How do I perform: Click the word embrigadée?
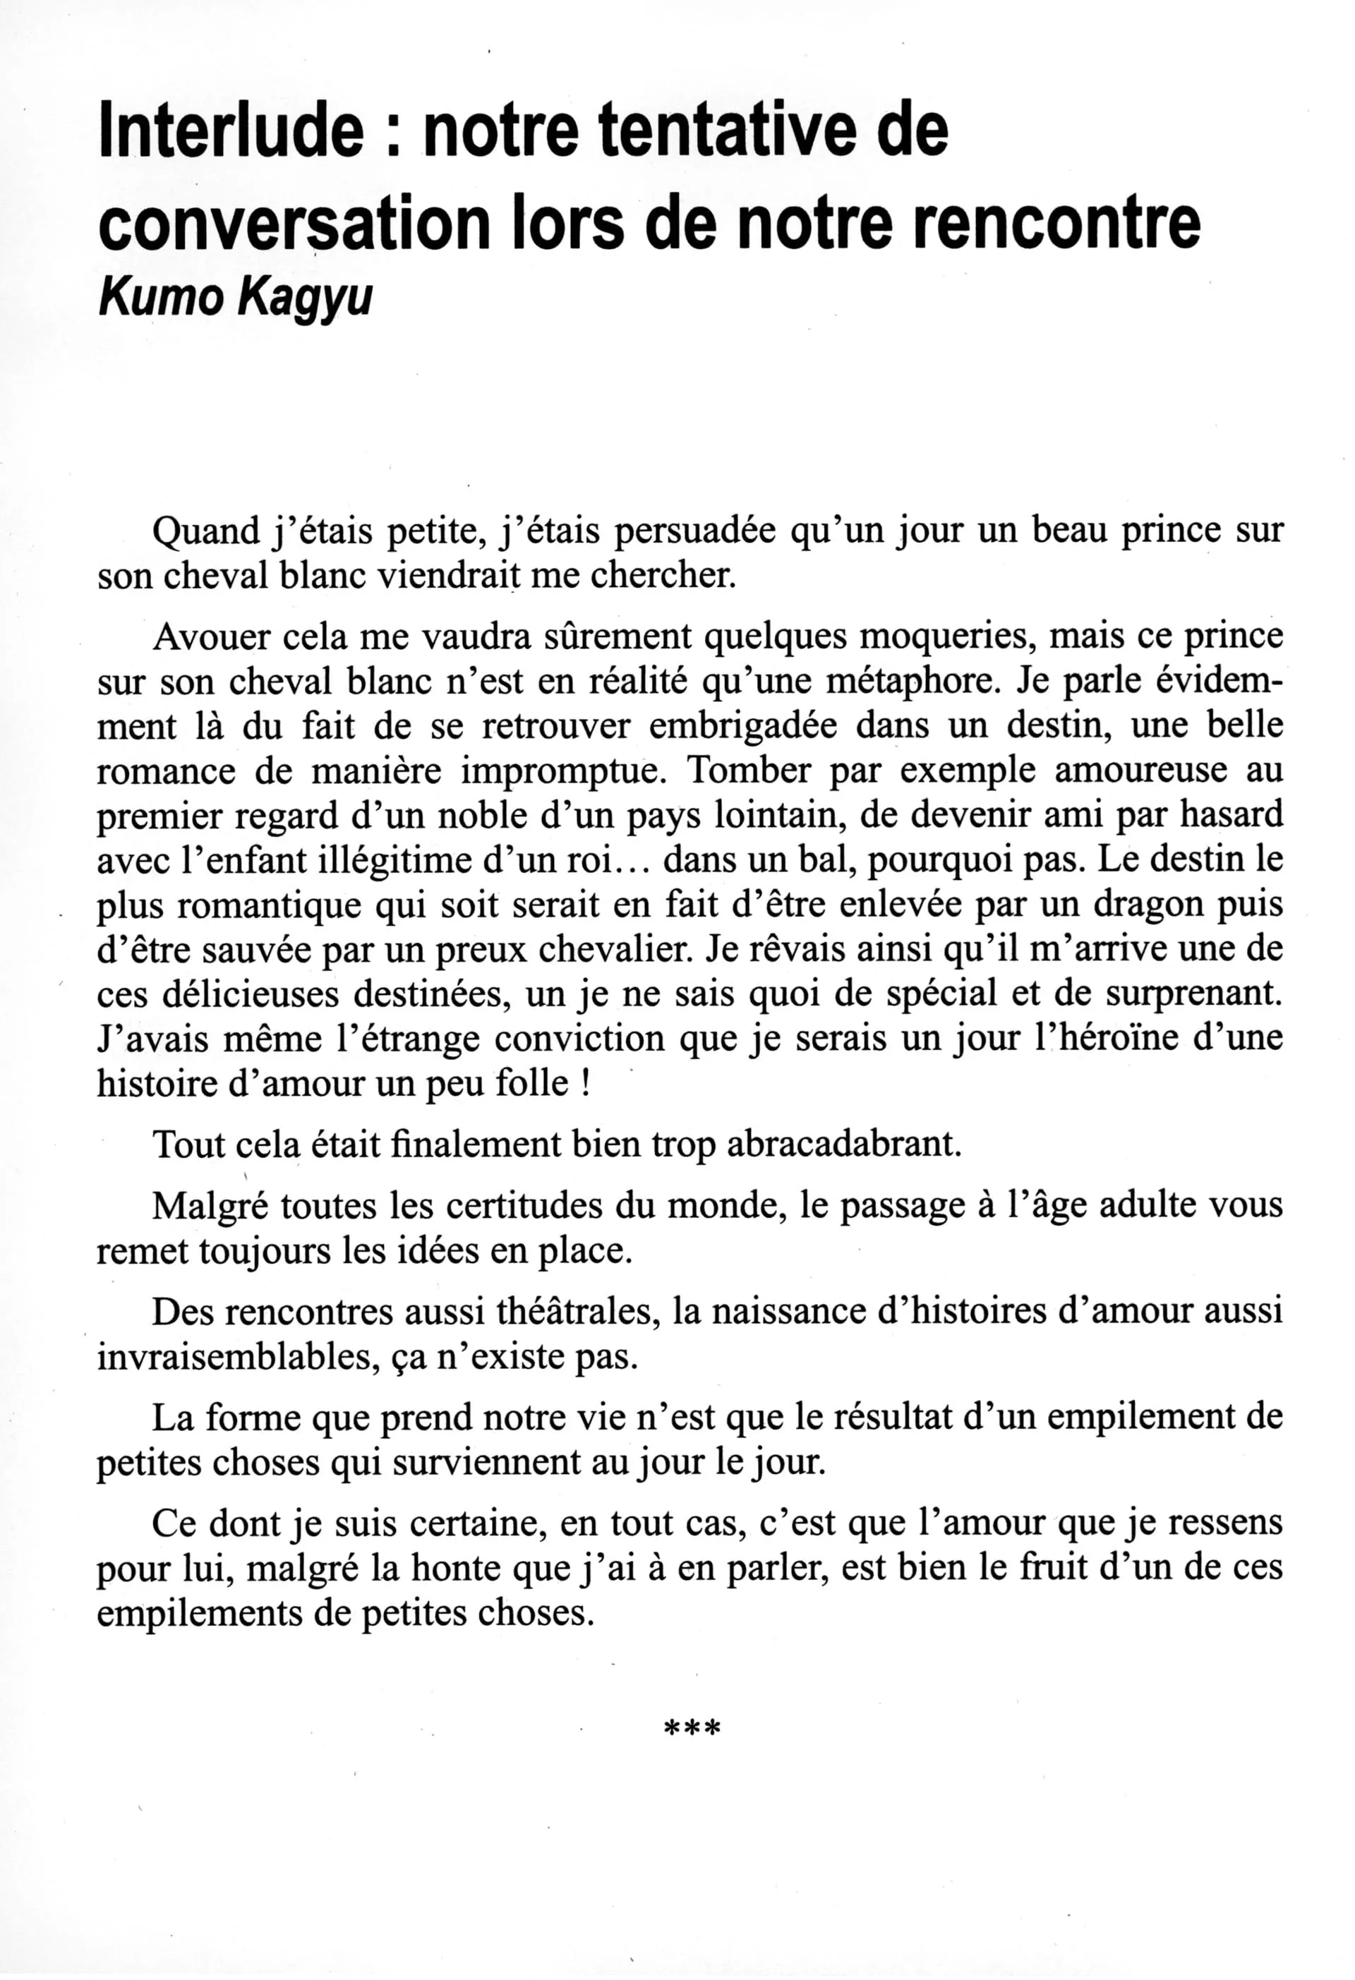(x=711, y=726)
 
